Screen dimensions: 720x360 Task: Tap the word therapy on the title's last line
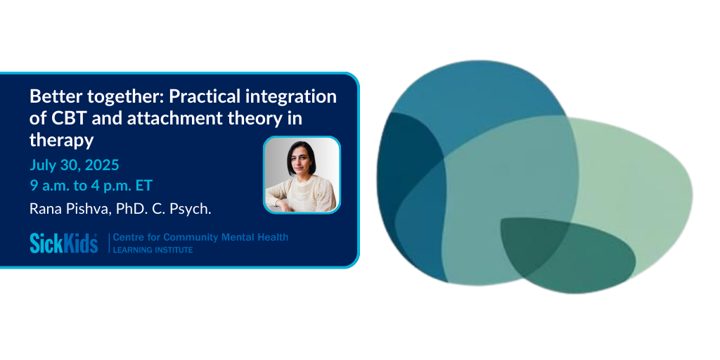point(62,141)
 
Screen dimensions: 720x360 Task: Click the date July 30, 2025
point(75,165)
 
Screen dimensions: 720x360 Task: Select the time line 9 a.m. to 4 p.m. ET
point(91,186)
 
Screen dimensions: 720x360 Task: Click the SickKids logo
point(64,243)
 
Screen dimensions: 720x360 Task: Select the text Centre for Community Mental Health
point(200,238)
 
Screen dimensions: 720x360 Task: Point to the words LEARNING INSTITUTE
point(153,250)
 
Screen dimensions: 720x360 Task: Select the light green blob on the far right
point(643,193)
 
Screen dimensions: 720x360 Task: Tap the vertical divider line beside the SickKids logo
point(109,243)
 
